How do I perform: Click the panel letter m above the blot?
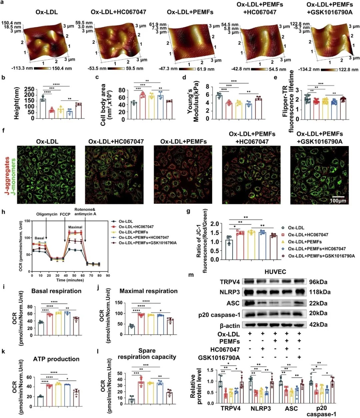coord(191,275)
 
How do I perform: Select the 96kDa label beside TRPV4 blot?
coord(318,282)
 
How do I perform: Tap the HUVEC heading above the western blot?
coord(275,272)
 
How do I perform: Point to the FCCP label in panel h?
coord(65,214)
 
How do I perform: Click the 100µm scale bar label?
coord(338,201)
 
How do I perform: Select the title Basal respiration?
coord(56,291)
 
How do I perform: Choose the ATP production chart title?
coord(56,359)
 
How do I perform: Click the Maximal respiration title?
coord(148,291)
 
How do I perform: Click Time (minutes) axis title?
coord(70,280)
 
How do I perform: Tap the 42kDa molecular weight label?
coord(318,325)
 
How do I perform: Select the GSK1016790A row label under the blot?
coord(219,358)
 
